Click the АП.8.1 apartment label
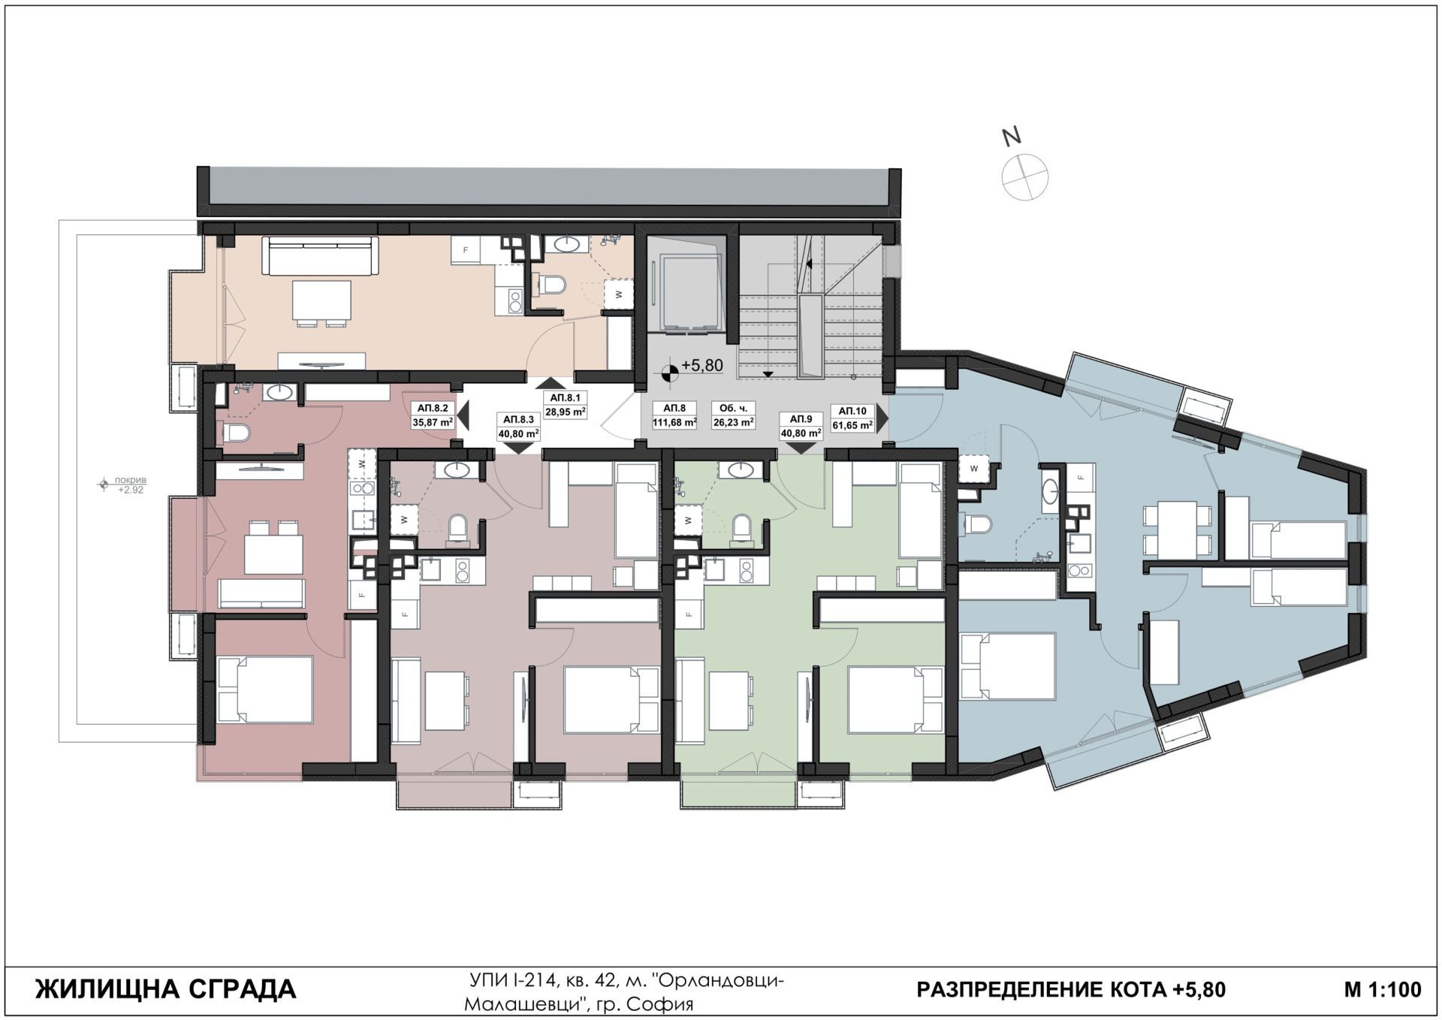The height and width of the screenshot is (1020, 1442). point(565,405)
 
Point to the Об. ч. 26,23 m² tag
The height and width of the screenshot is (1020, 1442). point(733,415)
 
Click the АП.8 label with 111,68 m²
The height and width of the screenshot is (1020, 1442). point(674,415)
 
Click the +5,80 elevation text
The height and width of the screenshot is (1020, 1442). point(702,366)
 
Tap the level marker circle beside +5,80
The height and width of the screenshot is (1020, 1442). point(669,370)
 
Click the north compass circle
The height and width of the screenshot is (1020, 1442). point(1024,177)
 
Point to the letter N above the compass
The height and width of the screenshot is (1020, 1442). point(1012,137)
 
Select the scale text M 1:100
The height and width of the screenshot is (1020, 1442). point(1383,989)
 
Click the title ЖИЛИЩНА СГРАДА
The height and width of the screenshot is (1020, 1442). point(166,989)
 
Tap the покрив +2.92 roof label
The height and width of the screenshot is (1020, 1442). point(130,484)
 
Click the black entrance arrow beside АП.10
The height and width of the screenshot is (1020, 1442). point(882,417)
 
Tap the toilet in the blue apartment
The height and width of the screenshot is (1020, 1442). point(976,523)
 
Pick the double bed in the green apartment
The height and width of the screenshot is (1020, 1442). point(895,699)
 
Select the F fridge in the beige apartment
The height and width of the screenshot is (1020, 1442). point(466,250)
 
